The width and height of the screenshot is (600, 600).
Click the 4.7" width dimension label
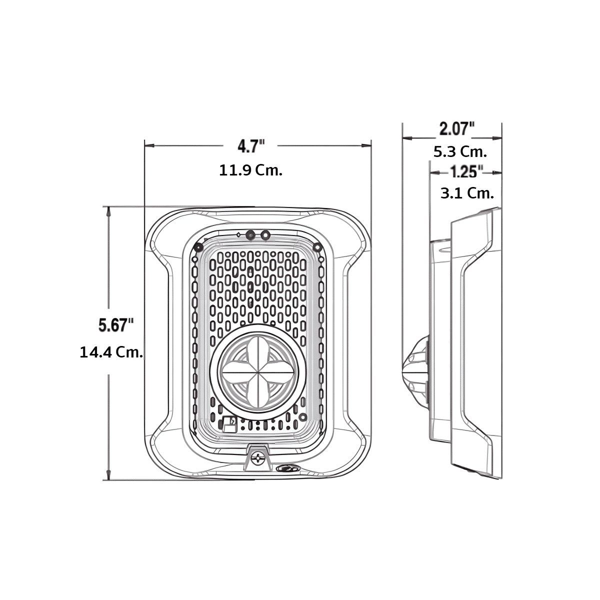click(x=251, y=146)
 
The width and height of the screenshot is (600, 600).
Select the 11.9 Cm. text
click(x=251, y=170)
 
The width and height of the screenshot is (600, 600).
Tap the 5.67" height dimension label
click(x=116, y=325)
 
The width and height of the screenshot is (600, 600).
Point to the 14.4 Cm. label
click(x=111, y=353)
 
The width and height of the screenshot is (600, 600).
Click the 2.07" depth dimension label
click(x=457, y=129)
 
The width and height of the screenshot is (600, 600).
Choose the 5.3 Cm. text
click(x=460, y=152)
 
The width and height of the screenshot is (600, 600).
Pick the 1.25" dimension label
click(x=466, y=171)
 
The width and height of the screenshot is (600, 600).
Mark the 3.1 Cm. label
click(x=467, y=193)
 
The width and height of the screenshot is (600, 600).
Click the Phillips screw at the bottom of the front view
click(x=257, y=466)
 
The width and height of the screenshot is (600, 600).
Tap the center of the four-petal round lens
click(x=254, y=372)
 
